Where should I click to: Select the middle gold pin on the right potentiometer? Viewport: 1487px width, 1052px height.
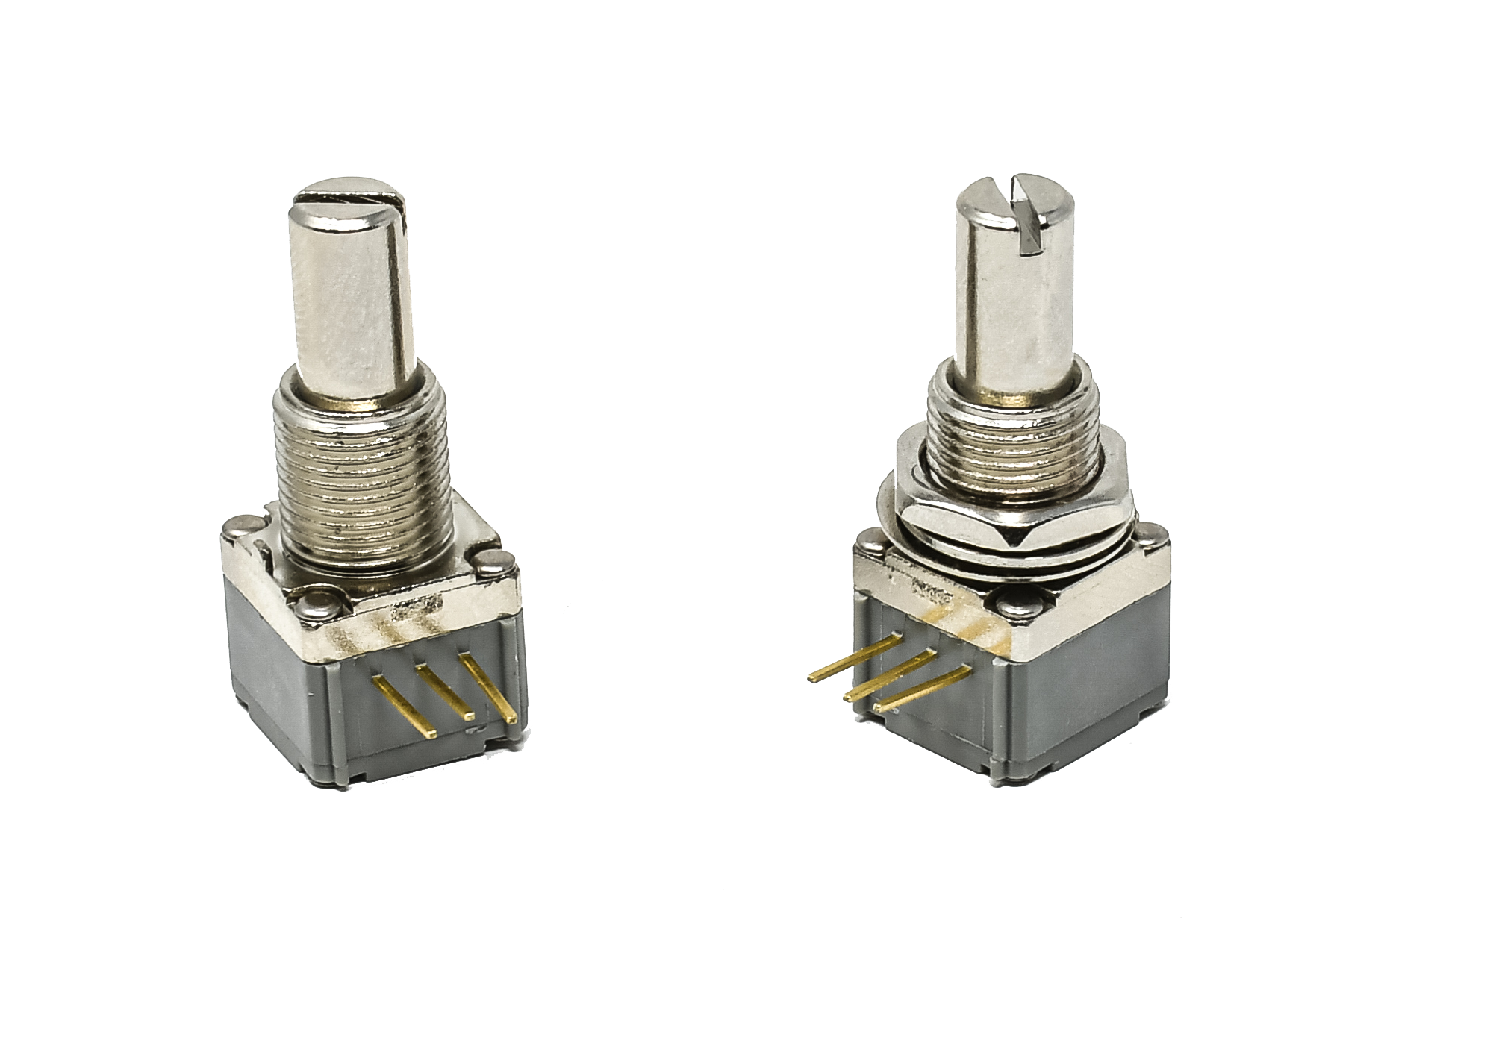[x=888, y=676]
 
